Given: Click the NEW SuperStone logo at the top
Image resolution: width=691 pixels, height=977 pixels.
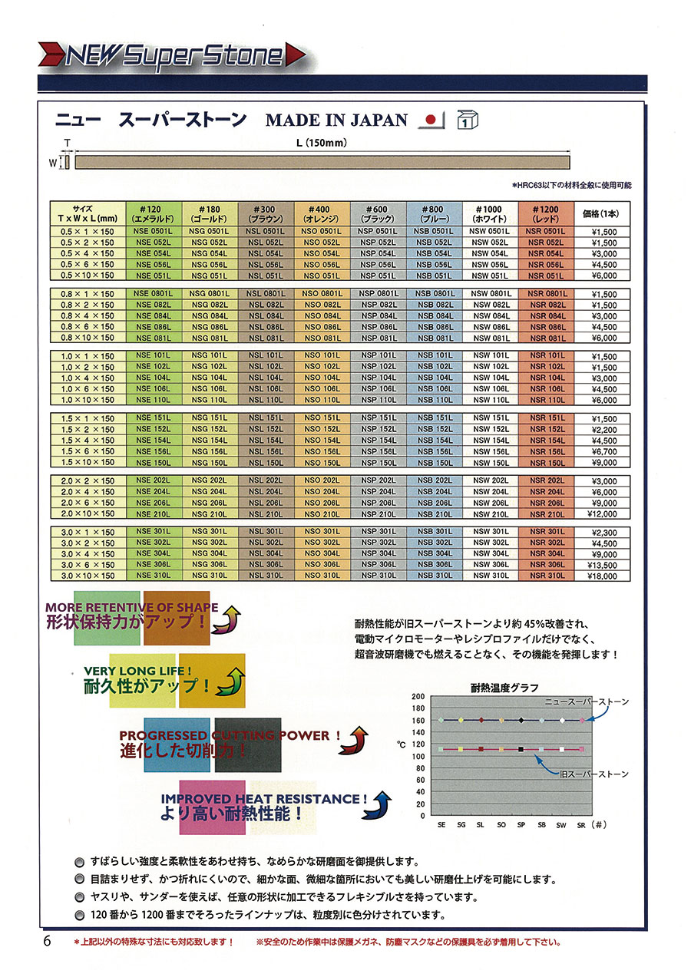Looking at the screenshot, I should [173, 55].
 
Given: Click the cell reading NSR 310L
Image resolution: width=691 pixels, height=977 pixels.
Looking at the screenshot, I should [546, 575].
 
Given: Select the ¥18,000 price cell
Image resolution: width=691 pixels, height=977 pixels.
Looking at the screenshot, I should [604, 575].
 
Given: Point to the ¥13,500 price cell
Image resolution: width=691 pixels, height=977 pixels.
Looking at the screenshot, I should [604, 564].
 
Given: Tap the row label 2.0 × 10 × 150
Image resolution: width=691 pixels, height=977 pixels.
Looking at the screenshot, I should [88, 513].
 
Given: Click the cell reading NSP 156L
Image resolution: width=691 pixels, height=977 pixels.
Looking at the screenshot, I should [379, 451].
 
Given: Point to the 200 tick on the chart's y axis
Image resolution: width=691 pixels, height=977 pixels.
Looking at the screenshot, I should [418, 697].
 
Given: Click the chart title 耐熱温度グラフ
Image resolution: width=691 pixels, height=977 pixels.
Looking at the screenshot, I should [504, 687].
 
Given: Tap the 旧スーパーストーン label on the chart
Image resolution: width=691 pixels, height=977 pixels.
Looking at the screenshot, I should [593, 774].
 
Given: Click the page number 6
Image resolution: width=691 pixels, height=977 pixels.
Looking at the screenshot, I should [47, 942].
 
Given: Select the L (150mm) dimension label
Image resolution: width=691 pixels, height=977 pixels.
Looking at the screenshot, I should [322, 143].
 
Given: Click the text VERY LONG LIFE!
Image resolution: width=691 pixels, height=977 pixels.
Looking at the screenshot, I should [131, 671].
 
